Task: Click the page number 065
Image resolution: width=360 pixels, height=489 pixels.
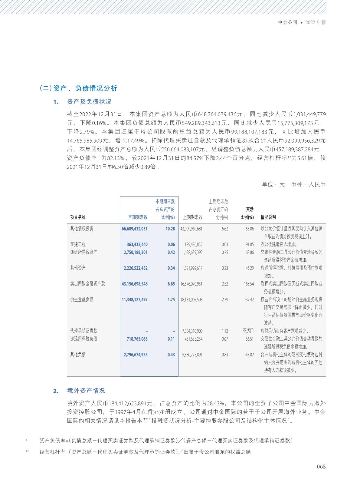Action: tap(321, 467)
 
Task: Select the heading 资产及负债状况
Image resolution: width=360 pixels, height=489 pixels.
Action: tap(89, 102)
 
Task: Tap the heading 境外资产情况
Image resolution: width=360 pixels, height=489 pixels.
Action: tap(86, 391)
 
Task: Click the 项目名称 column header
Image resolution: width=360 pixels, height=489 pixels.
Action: tap(78, 217)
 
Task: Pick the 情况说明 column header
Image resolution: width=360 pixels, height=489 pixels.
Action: tap(268, 217)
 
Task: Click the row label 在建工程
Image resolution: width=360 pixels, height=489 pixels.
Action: tap(78, 244)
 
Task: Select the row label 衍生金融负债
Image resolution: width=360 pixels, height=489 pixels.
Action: tap(82, 299)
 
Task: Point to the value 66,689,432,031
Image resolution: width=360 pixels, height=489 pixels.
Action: tap(135, 229)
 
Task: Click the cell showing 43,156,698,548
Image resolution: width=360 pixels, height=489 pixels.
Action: tap(135, 284)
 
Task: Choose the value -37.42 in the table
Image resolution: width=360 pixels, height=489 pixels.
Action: tap(249, 299)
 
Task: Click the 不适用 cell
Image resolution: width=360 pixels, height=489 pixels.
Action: tap(248, 331)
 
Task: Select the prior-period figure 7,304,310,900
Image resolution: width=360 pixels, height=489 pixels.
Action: tap(192, 331)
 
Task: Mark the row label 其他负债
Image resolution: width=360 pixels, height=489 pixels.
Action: tap(78, 354)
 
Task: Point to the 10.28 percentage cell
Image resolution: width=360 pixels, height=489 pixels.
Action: tap(170, 229)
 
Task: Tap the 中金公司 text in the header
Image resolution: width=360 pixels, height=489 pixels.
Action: tap(288, 23)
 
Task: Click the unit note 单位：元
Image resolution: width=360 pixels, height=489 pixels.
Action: tap(273, 184)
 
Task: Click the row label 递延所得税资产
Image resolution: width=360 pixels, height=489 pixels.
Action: tap(84, 252)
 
